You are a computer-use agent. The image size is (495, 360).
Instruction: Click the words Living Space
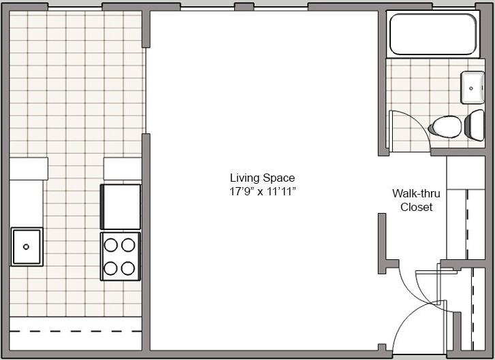(262, 178)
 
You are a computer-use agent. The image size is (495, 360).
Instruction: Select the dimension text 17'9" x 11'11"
(262, 192)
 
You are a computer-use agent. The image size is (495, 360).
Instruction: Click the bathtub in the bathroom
(432, 34)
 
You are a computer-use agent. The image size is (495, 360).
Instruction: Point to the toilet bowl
(446, 127)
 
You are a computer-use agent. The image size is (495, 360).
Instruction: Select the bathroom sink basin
(472, 87)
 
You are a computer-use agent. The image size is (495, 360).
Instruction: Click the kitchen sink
(27, 246)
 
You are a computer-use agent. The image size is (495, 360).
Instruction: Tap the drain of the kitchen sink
(27, 246)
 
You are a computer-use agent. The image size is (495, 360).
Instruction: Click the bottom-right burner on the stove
(128, 268)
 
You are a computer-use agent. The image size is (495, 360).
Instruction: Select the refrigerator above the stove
(121, 206)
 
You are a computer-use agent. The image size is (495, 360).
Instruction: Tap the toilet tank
(475, 126)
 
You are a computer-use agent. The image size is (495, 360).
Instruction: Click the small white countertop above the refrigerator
(123, 169)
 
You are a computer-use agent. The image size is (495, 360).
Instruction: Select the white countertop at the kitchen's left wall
(27, 197)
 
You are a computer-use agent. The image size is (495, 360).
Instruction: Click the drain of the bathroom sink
(471, 88)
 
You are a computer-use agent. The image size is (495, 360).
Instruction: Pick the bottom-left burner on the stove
(110, 268)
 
